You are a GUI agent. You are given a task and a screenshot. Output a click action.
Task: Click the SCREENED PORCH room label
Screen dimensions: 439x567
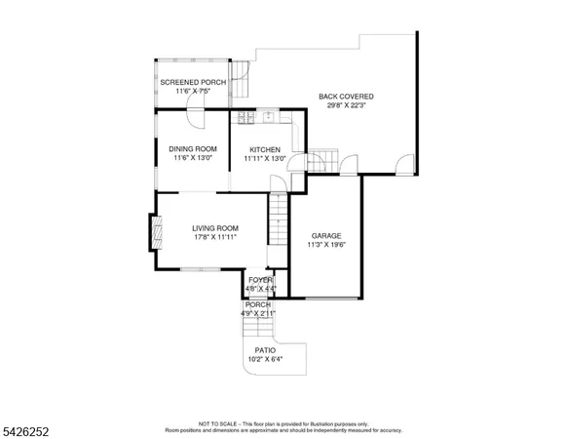click(x=192, y=82)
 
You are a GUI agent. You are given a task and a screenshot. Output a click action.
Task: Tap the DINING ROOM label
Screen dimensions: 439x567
click(x=192, y=148)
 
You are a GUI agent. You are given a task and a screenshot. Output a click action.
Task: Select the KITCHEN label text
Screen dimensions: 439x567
click(x=264, y=148)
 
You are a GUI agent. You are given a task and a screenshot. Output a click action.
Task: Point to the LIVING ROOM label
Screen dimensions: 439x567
click(x=214, y=227)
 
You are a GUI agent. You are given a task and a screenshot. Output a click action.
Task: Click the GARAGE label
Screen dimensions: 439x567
click(x=325, y=236)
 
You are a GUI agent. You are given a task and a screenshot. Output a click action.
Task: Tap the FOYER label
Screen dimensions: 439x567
click(x=260, y=280)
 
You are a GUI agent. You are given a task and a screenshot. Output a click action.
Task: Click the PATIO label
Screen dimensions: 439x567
click(x=265, y=350)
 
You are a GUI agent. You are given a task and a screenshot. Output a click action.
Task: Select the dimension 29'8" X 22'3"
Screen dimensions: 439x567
click(x=346, y=105)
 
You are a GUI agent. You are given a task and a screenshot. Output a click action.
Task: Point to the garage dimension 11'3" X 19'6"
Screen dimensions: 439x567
click(x=325, y=245)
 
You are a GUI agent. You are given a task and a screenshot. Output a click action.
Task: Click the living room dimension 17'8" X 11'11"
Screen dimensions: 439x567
click(x=214, y=236)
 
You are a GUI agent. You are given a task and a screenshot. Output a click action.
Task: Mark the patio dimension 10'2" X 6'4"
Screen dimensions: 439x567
click(x=265, y=359)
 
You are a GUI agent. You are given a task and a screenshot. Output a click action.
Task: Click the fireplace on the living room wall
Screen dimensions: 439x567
click(x=153, y=232)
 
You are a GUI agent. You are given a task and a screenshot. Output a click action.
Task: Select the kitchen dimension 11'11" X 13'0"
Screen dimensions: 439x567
click(x=264, y=157)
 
